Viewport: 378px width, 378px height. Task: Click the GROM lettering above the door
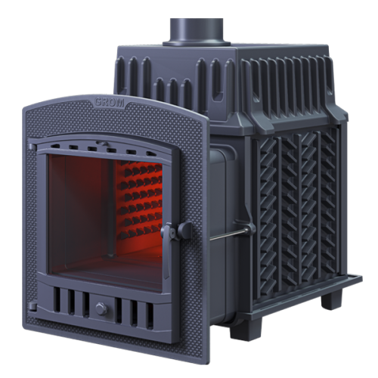coord(110,102)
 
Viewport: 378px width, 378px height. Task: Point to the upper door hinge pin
coord(32,147)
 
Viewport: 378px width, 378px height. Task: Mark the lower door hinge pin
coord(32,306)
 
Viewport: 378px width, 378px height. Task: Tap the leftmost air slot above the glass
coord(54,146)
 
